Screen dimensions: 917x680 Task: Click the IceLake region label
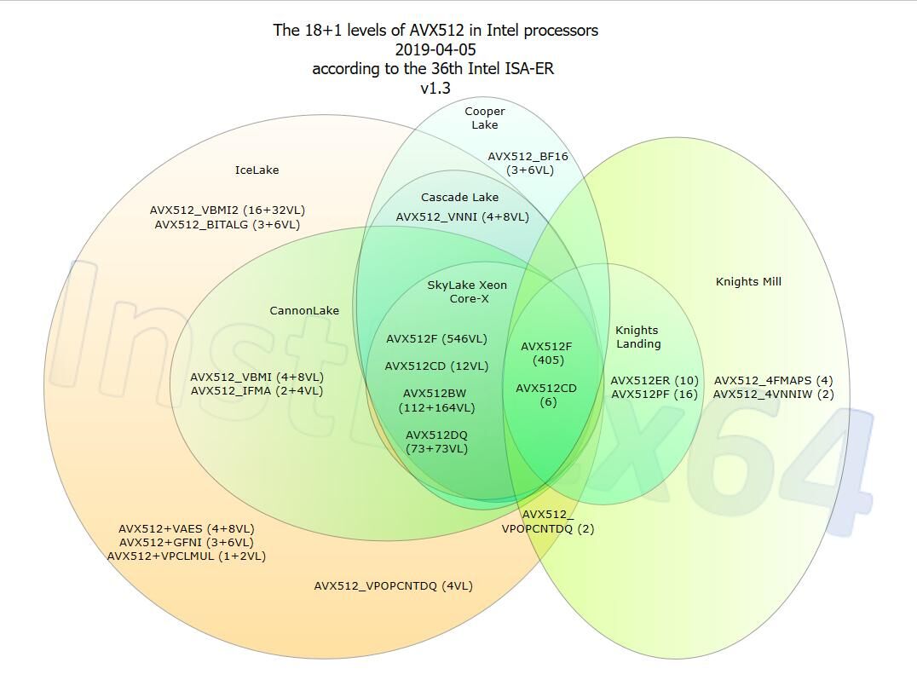(257, 170)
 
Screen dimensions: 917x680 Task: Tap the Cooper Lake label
(485, 118)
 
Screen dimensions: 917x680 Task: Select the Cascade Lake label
(459, 198)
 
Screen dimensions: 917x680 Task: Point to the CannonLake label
(304, 310)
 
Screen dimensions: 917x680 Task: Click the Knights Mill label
(748, 282)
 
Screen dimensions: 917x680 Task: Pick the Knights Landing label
(637, 337)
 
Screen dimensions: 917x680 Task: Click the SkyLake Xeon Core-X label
(467, 291)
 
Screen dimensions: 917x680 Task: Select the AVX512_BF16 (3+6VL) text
(528, 164)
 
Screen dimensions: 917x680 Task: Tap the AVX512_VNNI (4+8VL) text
(463, 217)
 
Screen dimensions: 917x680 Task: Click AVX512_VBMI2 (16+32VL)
(228, 210)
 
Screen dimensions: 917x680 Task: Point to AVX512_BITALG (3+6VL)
(228, 224)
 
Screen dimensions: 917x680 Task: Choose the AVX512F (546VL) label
(437, 339)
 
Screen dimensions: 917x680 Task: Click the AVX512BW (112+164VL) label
(436, 401)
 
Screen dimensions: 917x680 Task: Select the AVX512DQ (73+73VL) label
(437, 442)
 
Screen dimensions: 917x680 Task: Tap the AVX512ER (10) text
(655, 381)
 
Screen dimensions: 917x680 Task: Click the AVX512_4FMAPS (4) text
(774, 381)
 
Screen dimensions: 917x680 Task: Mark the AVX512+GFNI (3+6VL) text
(187, 543)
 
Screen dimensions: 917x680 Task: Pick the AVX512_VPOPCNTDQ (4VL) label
(394, 586)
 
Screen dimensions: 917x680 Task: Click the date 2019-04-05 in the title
(435, 49)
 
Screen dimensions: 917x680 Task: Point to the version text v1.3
(435, 89)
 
